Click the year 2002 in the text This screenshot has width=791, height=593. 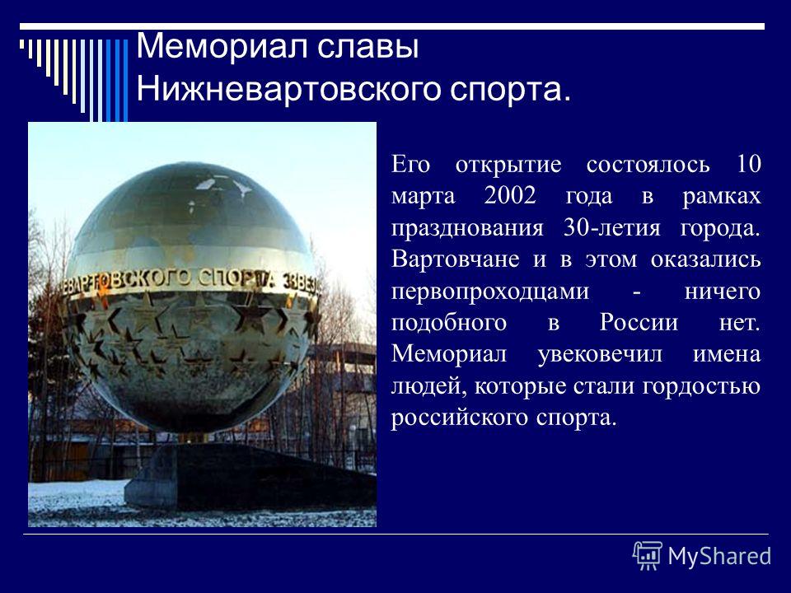[x=510, y=196]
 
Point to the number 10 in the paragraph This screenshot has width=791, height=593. [x=749, y=165]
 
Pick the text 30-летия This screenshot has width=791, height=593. [x=611, y=228]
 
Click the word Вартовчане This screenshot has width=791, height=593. [x=455, y=259]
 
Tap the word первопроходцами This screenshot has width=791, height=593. [x=489, y=292]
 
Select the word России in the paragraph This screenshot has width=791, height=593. [x=639, y=322]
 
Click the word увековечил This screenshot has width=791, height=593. [x=600, y=354]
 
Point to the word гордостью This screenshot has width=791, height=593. [x=702, y=387]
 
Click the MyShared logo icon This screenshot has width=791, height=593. [x=648, y=556]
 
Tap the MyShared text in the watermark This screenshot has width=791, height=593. [x=719, y=557]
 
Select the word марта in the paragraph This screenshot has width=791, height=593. [x=424, y=197]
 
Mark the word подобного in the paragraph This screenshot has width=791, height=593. [x=449, y=323]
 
